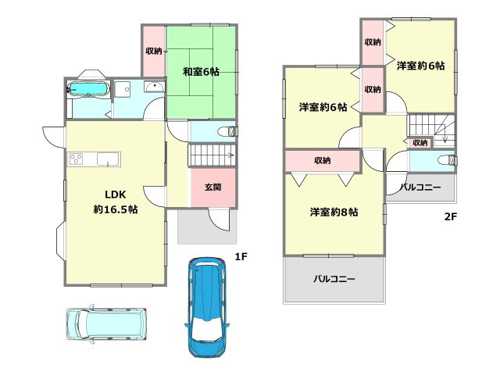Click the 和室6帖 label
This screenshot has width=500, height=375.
click(201, 72)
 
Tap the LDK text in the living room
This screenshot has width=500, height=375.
click(105, 195)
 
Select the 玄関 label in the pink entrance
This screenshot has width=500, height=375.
click(212, 187)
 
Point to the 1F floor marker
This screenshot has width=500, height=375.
click(241, 255)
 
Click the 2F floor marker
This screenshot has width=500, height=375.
click(450, 216)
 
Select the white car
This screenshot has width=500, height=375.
click(106, 323)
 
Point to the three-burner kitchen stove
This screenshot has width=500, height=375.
click(77, 159)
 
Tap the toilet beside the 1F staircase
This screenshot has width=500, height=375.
click(223, 130)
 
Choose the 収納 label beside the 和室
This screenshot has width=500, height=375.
click(153, 52)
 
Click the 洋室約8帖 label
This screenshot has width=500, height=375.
click(334, 212)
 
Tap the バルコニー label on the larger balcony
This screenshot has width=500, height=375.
click(334, 278)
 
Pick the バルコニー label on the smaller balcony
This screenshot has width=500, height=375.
click(421, 187)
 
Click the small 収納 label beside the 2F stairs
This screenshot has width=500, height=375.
click(420, 143)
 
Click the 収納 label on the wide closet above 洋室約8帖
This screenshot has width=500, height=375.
click(322, 160)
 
